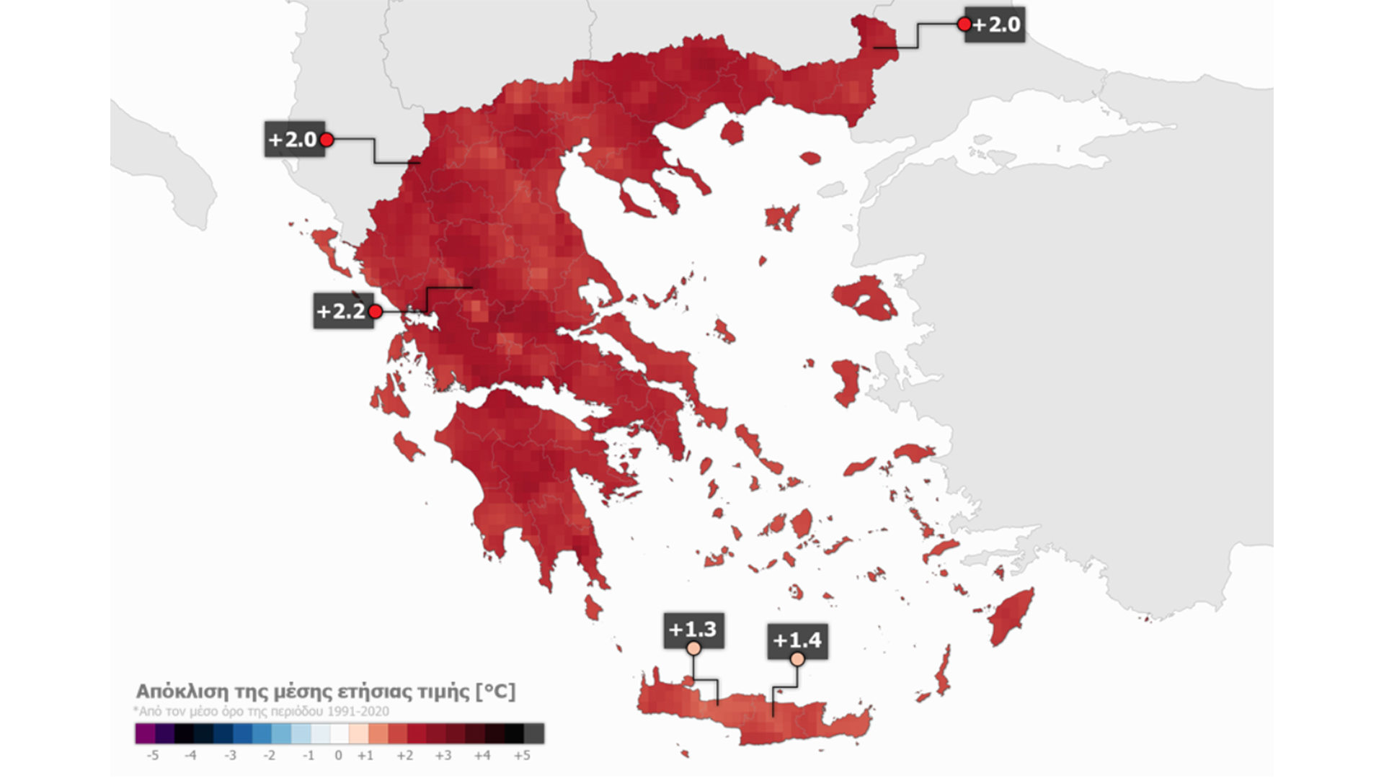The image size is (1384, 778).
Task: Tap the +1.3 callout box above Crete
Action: point(693,629)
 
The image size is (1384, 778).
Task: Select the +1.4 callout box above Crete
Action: point(797,640)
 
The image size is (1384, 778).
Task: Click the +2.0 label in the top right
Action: point(996,24)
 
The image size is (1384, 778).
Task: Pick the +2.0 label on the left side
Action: point(292,139)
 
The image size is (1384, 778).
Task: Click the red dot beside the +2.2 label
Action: point(375,311)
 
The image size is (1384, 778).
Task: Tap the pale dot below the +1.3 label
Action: point(693,648)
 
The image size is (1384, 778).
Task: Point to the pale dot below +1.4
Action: point(797,658)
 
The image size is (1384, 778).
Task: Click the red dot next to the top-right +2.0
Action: point(964,24)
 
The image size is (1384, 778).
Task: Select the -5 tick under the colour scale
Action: point(152,756)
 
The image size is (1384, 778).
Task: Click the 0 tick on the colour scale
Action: point(338,756)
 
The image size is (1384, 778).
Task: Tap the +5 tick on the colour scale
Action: point(522,756)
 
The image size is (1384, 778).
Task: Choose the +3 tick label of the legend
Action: point(443,756)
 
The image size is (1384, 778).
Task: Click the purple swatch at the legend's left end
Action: point(145,733)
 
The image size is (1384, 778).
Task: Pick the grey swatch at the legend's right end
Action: point(534,733)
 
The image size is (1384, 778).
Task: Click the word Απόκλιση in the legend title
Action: point(180,692)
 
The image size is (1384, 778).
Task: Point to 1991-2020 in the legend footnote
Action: point(358,711)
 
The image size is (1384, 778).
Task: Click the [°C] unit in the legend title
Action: point(495,692)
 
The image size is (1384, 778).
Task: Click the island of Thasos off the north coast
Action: point(732,133)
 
